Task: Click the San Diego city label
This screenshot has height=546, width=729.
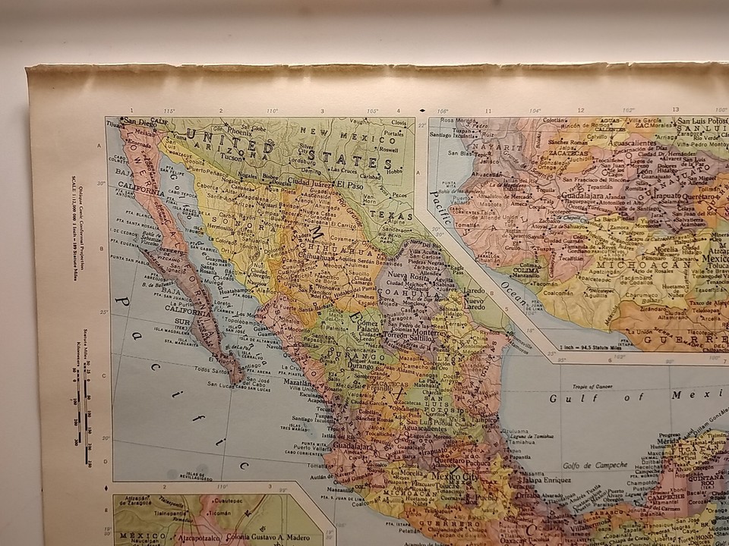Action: pyautogui.click(x=139, y=121)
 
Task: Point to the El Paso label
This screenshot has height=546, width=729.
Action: pyautogui.click(x=351, y=184)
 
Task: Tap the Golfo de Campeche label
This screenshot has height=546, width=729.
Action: pyautogui.click(x=595, y=464)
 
